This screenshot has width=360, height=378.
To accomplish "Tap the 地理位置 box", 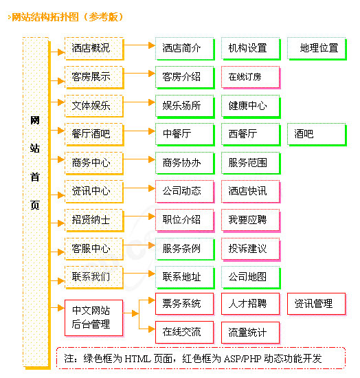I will (318, 48).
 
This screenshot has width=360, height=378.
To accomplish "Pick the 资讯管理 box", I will (315, 304).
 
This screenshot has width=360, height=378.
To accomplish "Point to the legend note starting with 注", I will (200, 359).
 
